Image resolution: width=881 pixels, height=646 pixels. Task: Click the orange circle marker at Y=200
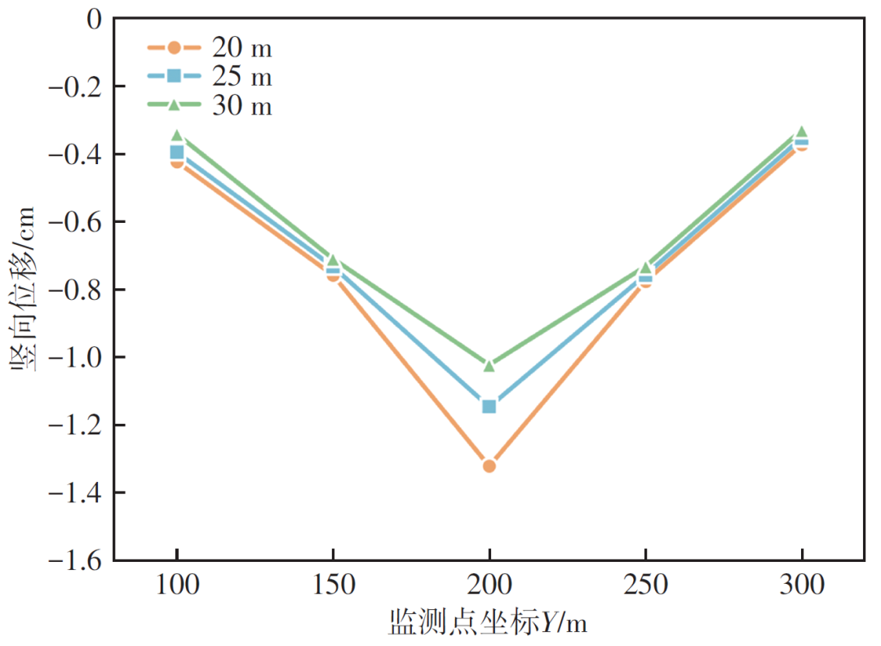tap(489, 466)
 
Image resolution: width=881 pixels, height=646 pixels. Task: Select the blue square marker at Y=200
tap(489, 406)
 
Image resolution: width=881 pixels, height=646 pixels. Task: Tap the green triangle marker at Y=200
tap(489, 365)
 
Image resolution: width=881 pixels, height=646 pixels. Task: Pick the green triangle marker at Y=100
tap(176, 136)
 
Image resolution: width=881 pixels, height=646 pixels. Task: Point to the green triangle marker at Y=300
tap(802, 131)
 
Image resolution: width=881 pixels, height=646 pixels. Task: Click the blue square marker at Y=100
tap(176, 152)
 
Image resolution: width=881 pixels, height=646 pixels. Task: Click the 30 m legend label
tap(241, 106)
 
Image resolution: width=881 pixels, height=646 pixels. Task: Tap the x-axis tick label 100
tap(176, 585)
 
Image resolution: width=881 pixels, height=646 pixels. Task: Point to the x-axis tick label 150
tap(333, 585)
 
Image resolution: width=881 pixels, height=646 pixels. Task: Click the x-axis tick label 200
tap(489, 585)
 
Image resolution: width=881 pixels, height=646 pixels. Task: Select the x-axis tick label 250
tap(646, 585)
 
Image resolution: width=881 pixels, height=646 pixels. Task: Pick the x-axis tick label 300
tap(802, 585)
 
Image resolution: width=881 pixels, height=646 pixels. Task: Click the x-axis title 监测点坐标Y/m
tap(488, 624)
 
